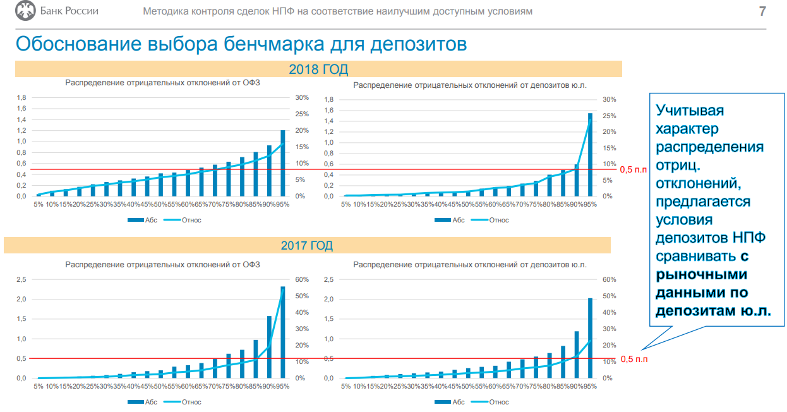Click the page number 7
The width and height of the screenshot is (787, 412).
(762, 11)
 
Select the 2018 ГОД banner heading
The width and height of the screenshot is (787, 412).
(318, 69)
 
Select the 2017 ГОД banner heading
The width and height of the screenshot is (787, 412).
(307, 245)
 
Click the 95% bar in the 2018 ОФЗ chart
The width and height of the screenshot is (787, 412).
(283, 163)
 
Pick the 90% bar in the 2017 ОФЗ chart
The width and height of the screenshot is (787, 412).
(269, 347)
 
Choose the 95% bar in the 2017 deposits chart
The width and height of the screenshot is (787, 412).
(591, 338)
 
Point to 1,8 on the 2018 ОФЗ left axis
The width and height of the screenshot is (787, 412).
(21, 97)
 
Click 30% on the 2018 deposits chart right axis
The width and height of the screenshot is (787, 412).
(609, 99)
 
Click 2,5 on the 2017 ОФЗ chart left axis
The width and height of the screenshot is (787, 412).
(21, 279)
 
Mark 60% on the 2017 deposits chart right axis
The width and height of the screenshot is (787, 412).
(609, 279)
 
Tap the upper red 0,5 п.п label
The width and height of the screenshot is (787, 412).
(634, 169)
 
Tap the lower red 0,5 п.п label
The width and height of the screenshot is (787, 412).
(634, 359)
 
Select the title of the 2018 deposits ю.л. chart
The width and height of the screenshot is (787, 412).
(471, 84)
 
